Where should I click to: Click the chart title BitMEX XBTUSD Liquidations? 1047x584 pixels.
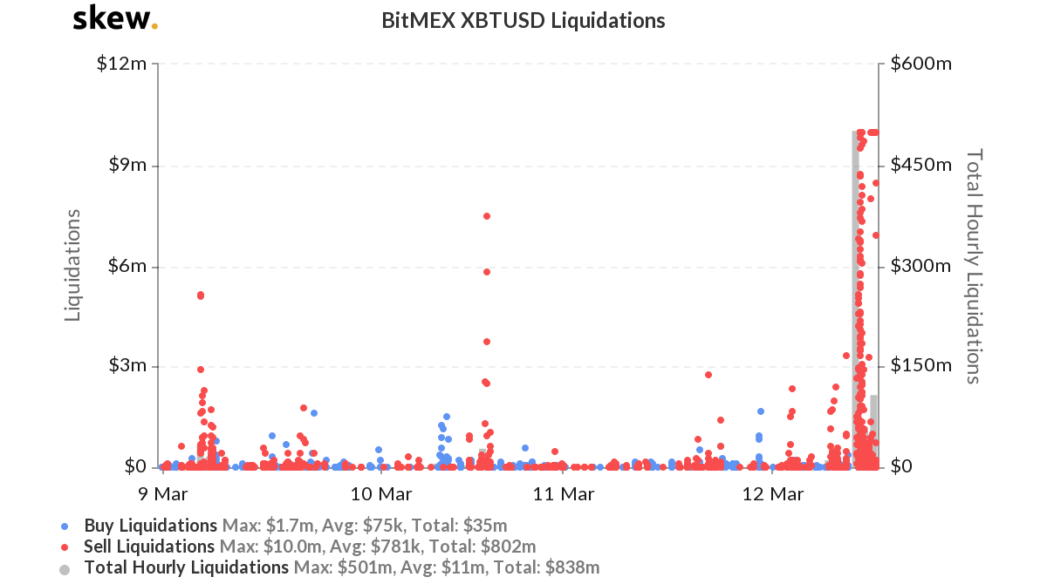pyautogui.click(x=523, y=20)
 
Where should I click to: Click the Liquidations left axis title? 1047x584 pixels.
pyautogui.click(x=73, y=265)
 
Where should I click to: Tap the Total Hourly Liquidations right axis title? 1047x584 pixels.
pyautogui.click(x=974, y=265)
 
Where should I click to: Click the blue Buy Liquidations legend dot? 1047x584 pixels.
pyautogui.click(x=64, y=526)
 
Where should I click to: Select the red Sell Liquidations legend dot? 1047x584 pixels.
pyautogui.click(x=64, y=547)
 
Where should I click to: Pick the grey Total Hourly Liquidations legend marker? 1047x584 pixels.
pyautogui.click(x=64, y=568)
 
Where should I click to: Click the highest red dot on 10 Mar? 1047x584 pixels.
pyautogui.click(x=487, y=216)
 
